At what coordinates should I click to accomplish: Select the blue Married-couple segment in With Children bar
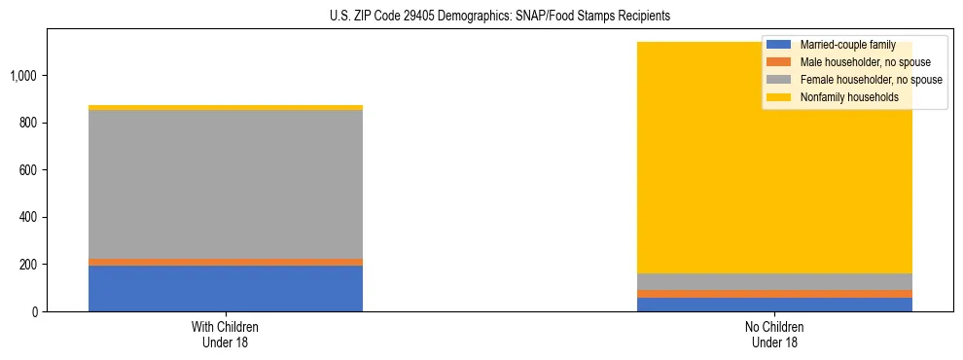coord(226,288)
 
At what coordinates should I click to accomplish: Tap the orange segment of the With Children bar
coord(226,262)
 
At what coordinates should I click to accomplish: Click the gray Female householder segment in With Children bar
coord(226,184)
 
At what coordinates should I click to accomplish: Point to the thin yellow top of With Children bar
coord(226,107)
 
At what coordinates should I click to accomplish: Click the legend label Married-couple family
coord(845,45)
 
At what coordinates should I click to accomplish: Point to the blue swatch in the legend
coord(779,45)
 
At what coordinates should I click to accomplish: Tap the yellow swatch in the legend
coord(779,97)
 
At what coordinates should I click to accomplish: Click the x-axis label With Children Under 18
coord(226,335)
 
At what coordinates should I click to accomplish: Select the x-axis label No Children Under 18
coord(775,335)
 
